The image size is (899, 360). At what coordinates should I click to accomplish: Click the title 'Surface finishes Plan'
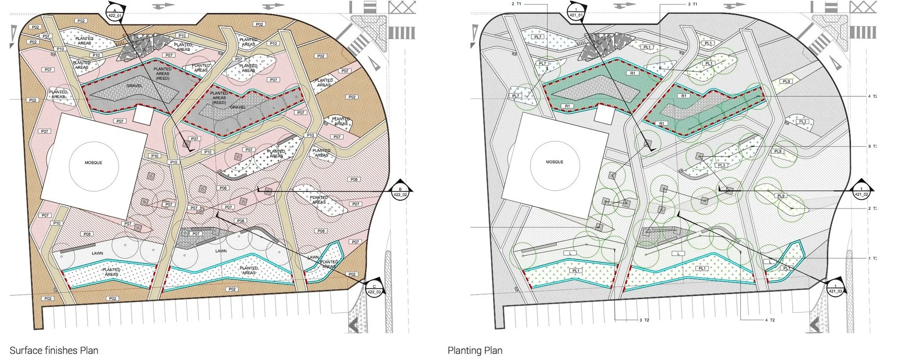click(54, 350)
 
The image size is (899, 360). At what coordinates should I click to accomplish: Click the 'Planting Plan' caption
click(475, 350)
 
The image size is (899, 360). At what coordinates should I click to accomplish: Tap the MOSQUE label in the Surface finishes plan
click(93, 163)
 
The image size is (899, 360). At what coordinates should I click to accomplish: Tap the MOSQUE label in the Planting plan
click(554, 162)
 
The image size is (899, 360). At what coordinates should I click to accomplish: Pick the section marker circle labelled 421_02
click(861, 192)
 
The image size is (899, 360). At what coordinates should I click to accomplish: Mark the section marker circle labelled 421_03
click(835, 289)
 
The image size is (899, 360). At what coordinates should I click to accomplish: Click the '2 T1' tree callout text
click(516, 4)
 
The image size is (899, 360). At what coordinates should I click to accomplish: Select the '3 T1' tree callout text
click(692, 4)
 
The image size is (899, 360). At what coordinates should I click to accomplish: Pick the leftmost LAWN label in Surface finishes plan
click(97, 253)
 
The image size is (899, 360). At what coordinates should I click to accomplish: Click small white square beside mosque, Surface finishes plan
click(144, 115)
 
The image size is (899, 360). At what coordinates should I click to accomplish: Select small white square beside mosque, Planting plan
click(604, 115)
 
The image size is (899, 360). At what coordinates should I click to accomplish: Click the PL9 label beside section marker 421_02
click(781, 196)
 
